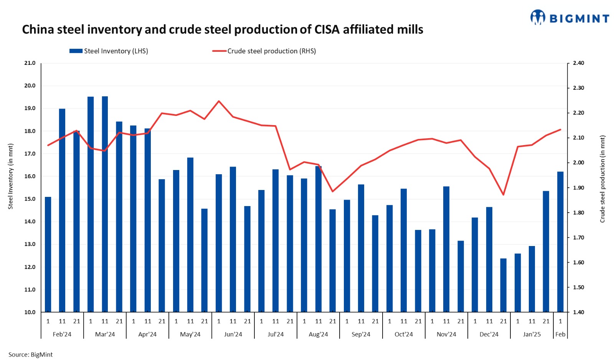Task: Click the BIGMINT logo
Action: (569, 18)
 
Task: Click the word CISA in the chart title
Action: (327, 30)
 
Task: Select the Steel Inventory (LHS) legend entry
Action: (109, 51)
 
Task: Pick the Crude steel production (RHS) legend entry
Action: (264, 51)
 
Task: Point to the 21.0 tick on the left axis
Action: (30, 63)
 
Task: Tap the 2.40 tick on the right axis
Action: (578, 63)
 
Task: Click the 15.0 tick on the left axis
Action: (30, 199)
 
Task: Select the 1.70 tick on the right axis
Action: (578, 238)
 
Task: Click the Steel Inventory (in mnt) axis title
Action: (11, 176)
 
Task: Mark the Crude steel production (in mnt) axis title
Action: (602, 178)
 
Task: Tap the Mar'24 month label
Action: (105, 334)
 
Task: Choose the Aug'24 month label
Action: (318, 334)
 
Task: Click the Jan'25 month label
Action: (531, 334)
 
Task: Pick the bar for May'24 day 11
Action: (190, 235)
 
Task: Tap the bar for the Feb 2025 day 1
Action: (560, 242)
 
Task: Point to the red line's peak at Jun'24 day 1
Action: (219, 101)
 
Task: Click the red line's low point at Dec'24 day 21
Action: (503, 195)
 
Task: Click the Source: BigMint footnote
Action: (30, 355)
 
